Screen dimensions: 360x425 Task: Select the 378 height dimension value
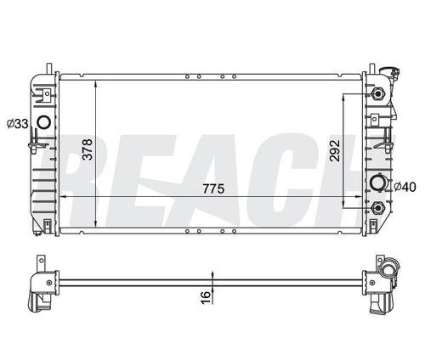109,151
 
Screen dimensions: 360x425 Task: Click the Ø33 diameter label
17,124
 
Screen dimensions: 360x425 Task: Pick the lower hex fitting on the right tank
377,206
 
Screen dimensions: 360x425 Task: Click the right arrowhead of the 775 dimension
363,197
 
